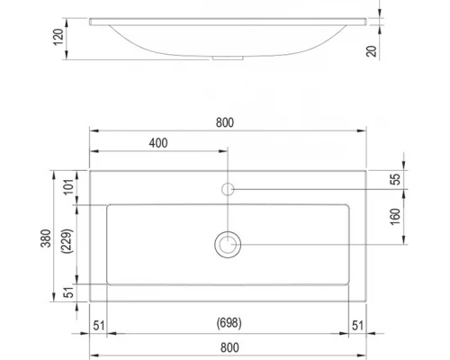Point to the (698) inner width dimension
(x=229, y=322)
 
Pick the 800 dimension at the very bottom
(x=229, y=346)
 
